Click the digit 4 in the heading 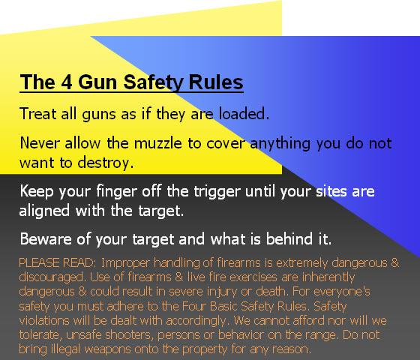[x=67, y=82]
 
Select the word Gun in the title [x=97, y=82]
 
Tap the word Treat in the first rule [x=38, y=113]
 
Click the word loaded [x=244, y=113]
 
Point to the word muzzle [x=157, y=142]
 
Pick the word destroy [x=105, y=163]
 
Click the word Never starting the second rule [x=40, y=142]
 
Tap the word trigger [x=217, y=192]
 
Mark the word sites [x=331, y=191]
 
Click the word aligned [x=44, y=211]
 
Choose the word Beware [x=46, y=239]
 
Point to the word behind [x=289, y=238]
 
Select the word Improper [x=125, y=263]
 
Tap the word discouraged [x=51, y=277]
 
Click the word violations [x=44, y=320]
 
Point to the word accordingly [x=196, y=321]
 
